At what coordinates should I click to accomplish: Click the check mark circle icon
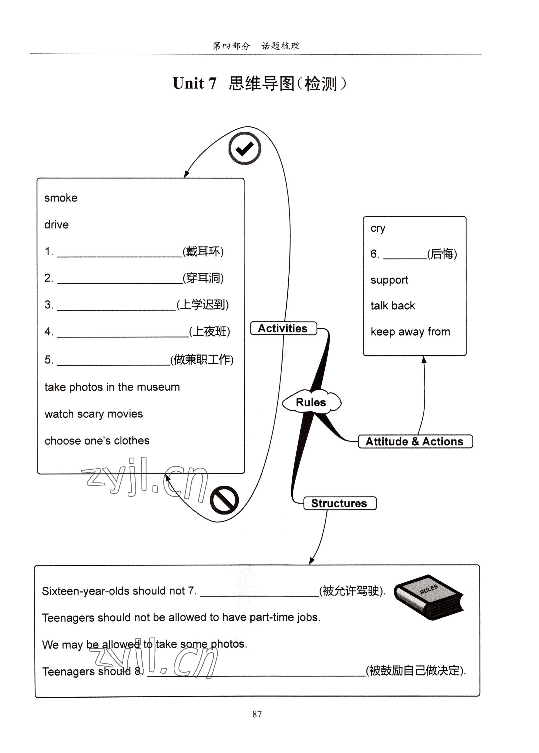pos(245,148)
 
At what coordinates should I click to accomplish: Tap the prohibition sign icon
pos(224,500)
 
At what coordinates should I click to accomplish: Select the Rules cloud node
pos(311,402)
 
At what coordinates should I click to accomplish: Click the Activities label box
pos(283,328)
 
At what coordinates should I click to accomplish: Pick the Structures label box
pos(340,503)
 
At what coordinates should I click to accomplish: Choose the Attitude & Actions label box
pos(415,441)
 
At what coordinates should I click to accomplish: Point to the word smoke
pos(61,198)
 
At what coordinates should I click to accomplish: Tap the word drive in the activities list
pos(56,225)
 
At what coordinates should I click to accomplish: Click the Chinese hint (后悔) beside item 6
pos(442,254)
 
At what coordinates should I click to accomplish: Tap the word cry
pos(378,228)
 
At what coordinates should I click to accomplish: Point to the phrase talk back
pos(393,305)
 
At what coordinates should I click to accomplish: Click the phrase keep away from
pos(410,332)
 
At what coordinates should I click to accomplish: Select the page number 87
pos(257,713)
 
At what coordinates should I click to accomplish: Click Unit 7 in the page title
pos(195,83)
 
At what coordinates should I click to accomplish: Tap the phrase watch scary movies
pos(93,414)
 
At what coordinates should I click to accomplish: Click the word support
pos(389,280)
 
